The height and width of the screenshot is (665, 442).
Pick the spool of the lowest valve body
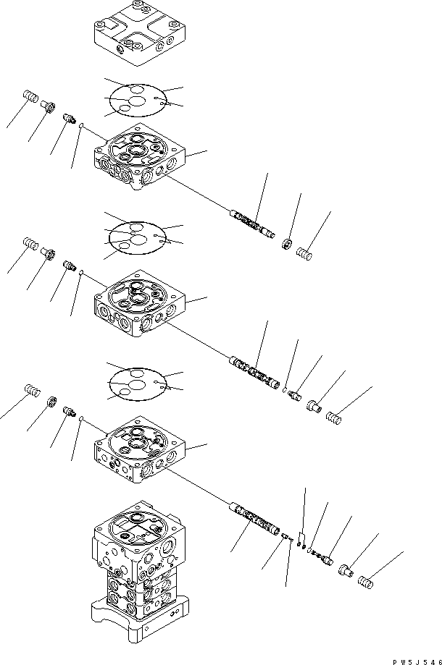click(x=255, y=520)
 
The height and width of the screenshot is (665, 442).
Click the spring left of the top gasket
click(x=30, y=98)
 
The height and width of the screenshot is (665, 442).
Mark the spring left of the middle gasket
click(x=31, y=244)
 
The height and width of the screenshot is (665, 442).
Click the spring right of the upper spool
click(x=305, y=253)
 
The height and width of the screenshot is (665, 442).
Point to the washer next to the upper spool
click(x=287, y=245)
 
